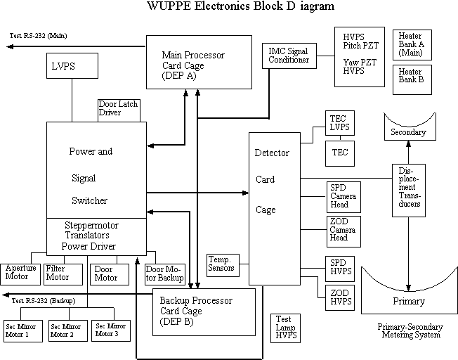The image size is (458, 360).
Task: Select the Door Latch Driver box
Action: pos(118,110)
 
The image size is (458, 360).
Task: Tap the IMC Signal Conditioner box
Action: pos(288,56)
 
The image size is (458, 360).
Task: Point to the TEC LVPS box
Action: pos(339,122)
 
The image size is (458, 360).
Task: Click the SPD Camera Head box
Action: pos(343,197)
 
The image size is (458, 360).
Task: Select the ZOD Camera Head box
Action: pos(343,231)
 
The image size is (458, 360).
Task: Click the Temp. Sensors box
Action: pos(223,264)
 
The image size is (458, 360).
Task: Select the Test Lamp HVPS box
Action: pos(287,326)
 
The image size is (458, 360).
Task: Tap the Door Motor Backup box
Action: pos(164,274)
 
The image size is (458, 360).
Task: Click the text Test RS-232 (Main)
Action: pos(39,36)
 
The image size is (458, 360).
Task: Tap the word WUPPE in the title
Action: pos(169,6)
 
